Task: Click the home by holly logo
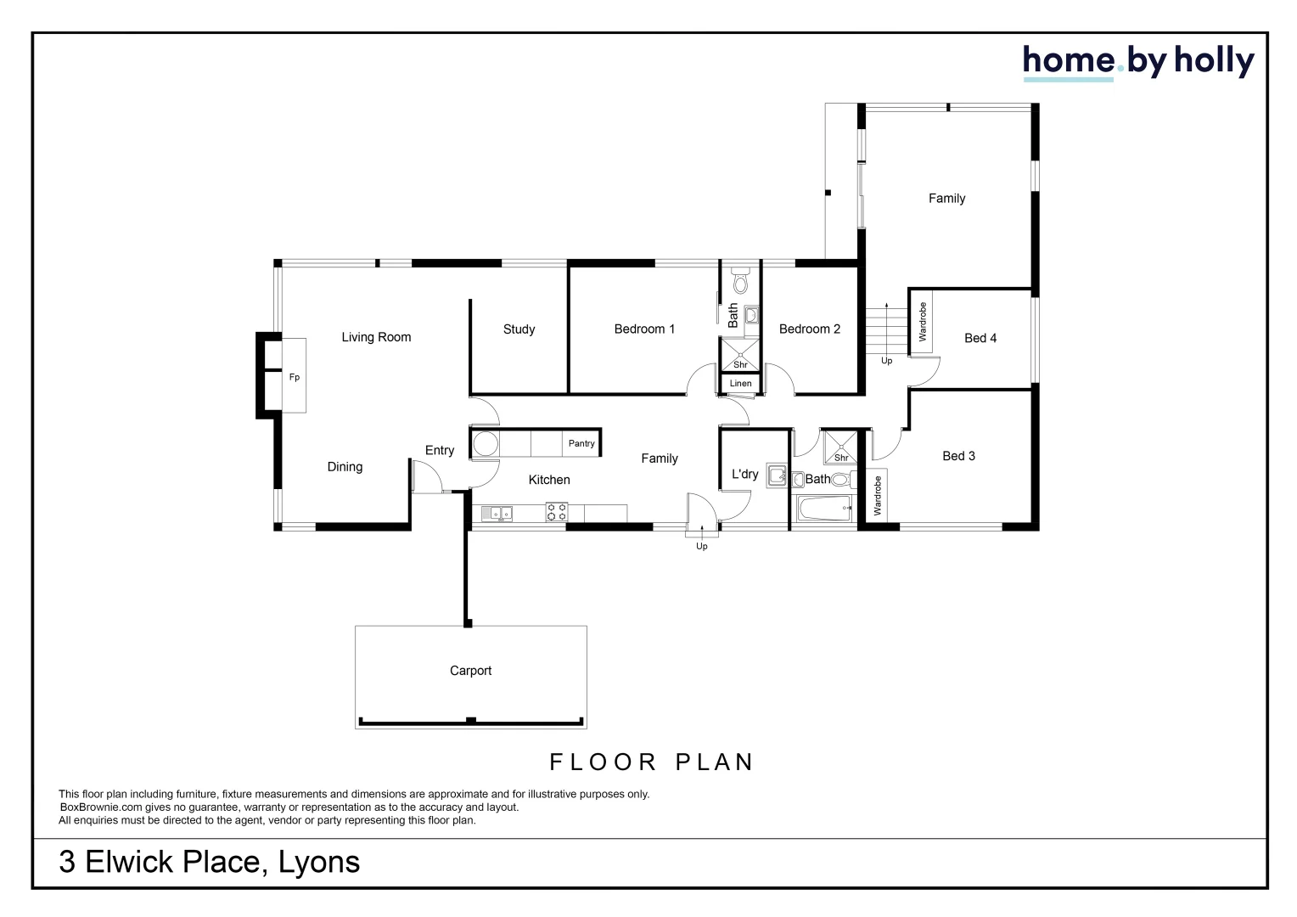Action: (1138, 61)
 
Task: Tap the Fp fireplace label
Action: (294, 377)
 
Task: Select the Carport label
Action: (470, 671)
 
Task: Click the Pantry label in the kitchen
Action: (581, 443)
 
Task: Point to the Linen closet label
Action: (740, 384)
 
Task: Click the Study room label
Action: (519, 329)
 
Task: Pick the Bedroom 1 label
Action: (644, 329)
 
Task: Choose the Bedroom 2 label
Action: (810, 329)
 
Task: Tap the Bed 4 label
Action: (980, 338)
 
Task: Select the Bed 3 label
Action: (958, 456)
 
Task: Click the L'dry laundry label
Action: (744, 474)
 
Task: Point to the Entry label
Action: (439, 451)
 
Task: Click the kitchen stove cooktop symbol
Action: (557, 512)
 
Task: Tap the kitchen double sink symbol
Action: (497, 513)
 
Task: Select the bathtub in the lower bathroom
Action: (823, 511)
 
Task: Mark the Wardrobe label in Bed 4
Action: (923, 322)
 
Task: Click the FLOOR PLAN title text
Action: (652, 762)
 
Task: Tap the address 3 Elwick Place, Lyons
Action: (209, 862)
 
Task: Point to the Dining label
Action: (345, 467)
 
